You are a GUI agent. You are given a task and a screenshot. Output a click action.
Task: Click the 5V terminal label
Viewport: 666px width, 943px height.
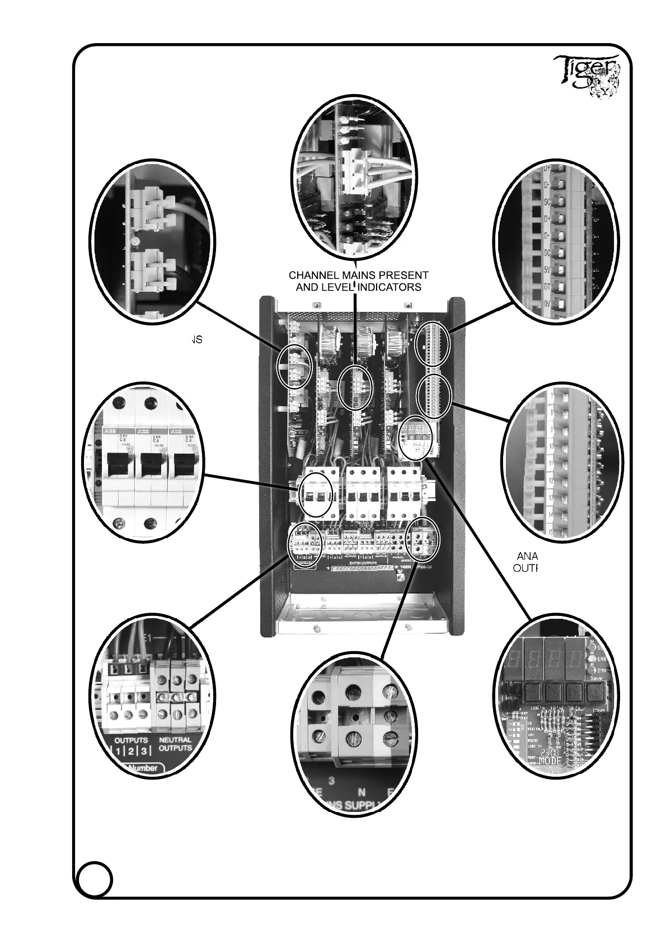pos(548,269)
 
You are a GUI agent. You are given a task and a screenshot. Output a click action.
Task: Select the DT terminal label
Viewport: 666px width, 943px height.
pos(548,287)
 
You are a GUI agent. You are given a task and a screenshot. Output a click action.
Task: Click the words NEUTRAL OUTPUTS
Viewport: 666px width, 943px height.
pos(175,744)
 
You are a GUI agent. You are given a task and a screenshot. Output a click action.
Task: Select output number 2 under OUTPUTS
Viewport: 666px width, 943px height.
pos(130,751)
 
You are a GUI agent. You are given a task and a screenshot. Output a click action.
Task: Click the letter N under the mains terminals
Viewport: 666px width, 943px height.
pos(362,793)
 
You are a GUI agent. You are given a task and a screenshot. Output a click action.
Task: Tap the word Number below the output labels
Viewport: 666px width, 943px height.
pos(143,768)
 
